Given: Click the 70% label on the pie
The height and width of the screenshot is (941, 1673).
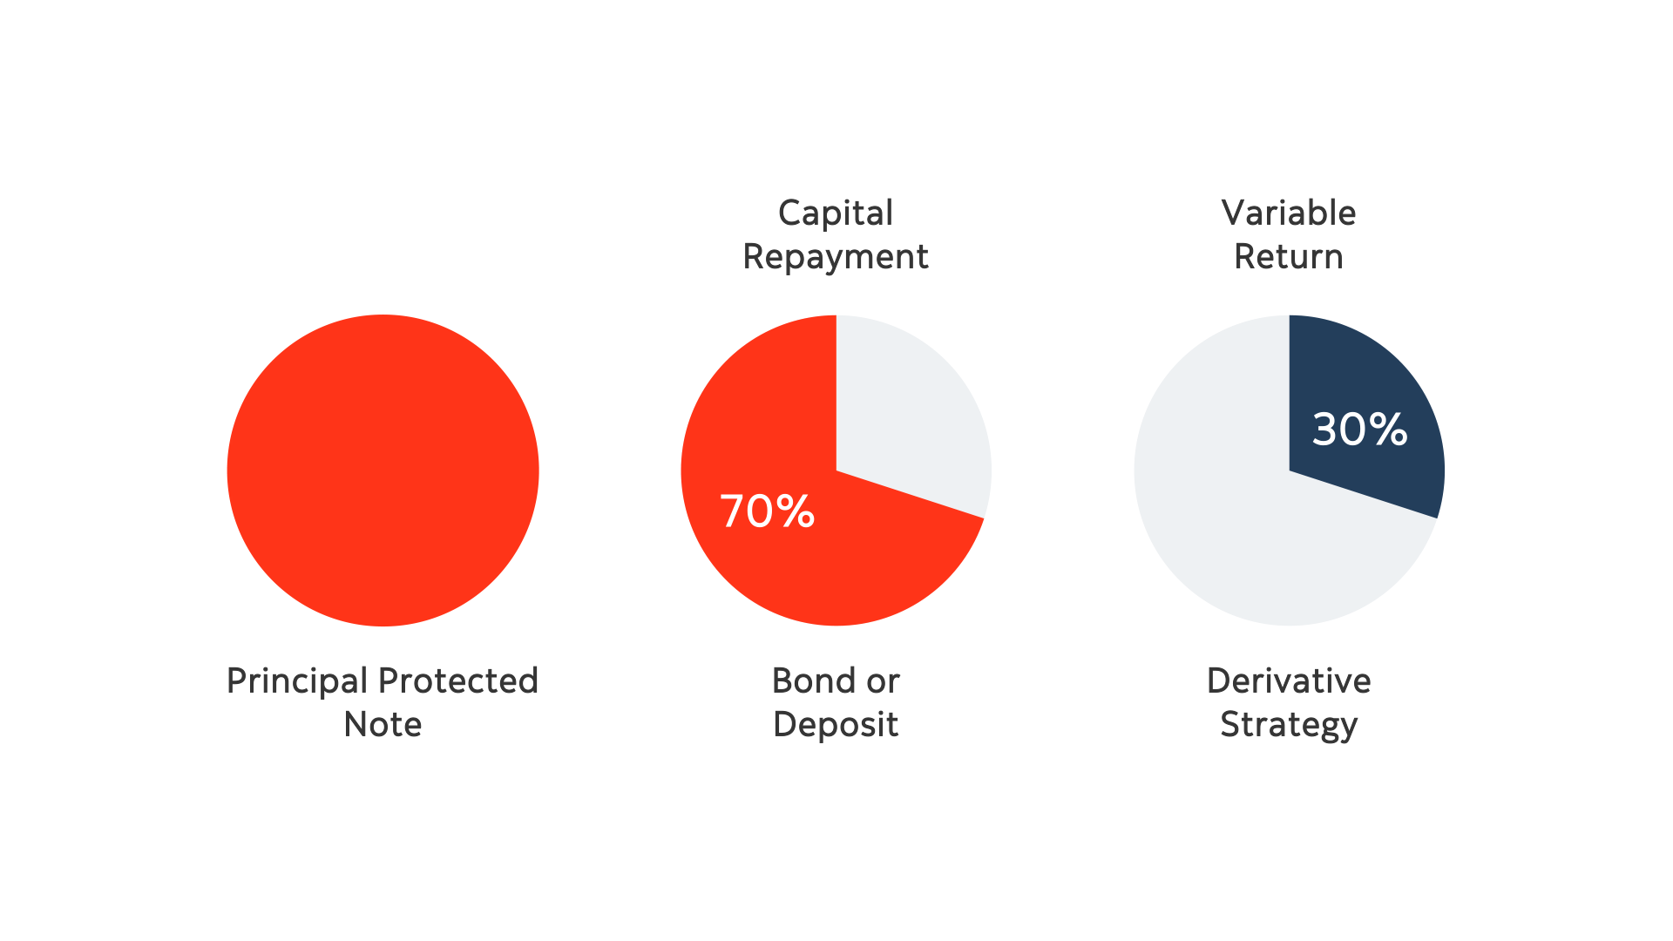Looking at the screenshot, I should (767, 511).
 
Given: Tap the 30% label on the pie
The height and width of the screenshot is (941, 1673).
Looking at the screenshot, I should (1359, 430).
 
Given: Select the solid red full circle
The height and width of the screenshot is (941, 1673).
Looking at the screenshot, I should (383, 470).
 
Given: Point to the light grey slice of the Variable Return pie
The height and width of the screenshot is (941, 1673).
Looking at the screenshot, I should (1237, 523).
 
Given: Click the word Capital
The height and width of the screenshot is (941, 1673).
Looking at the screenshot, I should (835, 213).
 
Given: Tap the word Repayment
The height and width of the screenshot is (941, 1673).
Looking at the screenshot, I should (835, 257).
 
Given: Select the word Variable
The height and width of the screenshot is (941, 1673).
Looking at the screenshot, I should (1288, 213).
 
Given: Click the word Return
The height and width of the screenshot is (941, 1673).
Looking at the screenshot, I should (1288, 257).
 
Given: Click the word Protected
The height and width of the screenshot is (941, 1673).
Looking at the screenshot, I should (458, 681).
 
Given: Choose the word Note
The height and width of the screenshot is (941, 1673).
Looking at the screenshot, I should (383, 725).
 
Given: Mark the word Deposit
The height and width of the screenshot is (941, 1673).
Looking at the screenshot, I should (835, 725).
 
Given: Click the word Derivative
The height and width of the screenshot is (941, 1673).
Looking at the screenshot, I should (1288, 681).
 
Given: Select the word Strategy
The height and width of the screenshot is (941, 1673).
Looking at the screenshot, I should (1288, 725).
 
